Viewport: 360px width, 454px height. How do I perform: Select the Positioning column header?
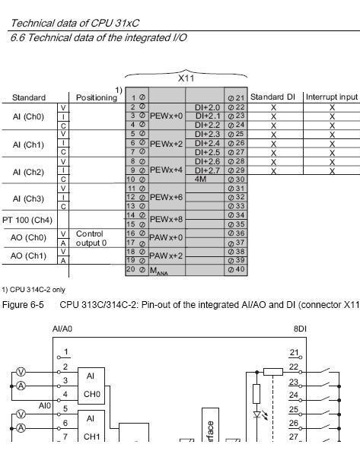[97, 97]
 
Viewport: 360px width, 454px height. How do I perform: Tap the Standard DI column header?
[274, 97]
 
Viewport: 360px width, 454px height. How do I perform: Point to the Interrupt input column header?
[331, 97]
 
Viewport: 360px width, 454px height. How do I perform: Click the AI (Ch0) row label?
[27, 116]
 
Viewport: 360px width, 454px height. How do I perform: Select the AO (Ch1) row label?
[27, 255]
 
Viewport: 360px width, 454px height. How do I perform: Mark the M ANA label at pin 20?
[158, 271]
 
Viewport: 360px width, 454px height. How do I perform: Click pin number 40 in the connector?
[240, 269]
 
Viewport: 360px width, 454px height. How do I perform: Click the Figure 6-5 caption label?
[22, 304]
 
